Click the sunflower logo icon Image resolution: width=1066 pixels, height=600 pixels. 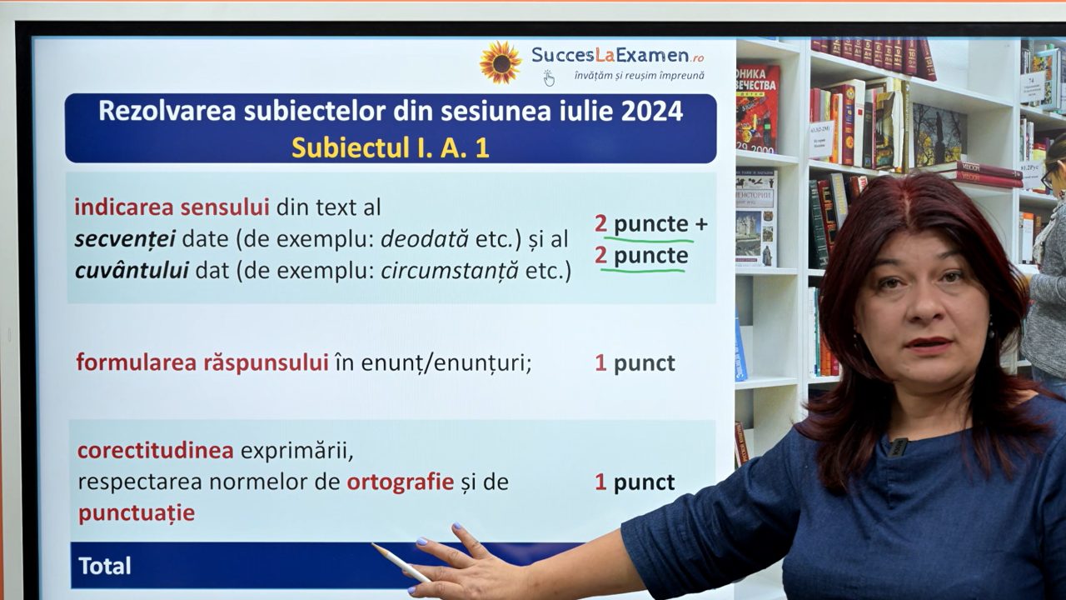500,62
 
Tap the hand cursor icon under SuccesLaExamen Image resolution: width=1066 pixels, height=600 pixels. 549,78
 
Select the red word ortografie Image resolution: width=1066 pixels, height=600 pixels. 400,482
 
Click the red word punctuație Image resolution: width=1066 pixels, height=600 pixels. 137,512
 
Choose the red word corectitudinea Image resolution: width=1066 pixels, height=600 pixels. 156,451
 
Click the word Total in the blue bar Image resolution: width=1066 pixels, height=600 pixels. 105,566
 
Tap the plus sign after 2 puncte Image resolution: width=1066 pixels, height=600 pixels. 700,224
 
